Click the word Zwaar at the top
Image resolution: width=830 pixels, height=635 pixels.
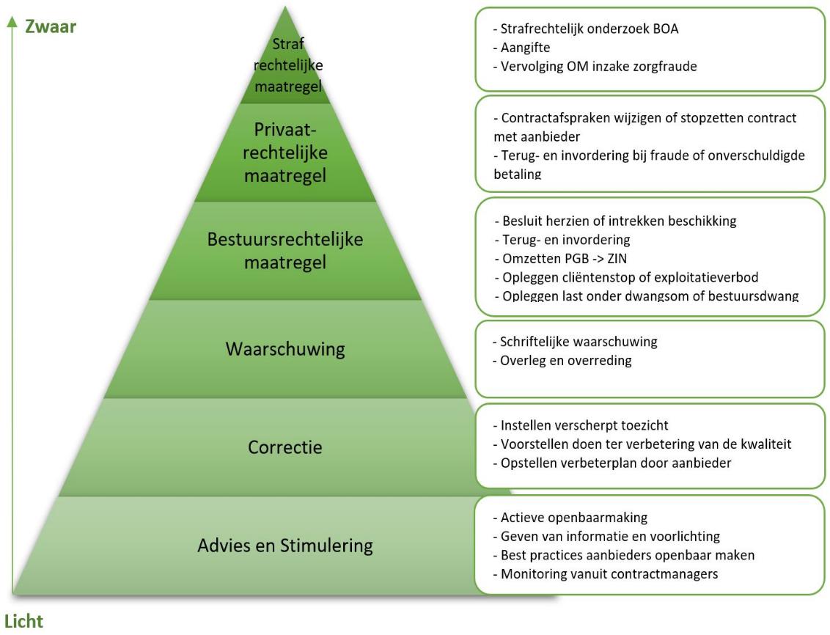point(51,26)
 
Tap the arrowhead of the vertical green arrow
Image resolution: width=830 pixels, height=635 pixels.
point(12,25)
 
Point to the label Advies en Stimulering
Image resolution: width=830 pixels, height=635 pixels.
point(284,546)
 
